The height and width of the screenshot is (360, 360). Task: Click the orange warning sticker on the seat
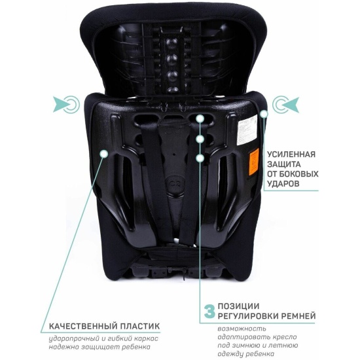tap(254, 162)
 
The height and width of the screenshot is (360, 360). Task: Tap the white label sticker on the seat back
tap(247, 131)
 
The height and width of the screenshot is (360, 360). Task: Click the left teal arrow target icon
tap(66, 105)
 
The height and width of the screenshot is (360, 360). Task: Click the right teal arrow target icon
tap(286, 105)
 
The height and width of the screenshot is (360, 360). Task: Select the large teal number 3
tap(209, 311)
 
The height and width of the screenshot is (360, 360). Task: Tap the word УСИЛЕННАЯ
tap(291, 154)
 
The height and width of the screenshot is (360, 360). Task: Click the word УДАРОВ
tap(283, 184)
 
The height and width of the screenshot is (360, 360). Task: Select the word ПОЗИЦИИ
tap(238, 306)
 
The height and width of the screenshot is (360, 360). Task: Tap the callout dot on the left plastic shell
tap(103, 153)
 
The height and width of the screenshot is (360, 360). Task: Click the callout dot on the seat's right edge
tap(264, 114)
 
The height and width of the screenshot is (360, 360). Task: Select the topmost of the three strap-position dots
tap(200, 118)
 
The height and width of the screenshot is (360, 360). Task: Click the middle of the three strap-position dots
tap(200, 139)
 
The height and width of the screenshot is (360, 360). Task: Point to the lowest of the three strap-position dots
tap(200, 158)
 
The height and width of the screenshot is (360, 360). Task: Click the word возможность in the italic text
tap(242, 329)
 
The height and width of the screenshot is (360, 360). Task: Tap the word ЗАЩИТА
tap(284, 164)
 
